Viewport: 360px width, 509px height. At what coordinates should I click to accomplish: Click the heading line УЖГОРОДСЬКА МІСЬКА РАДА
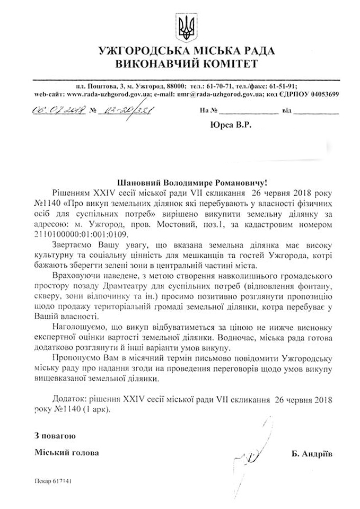(x=180, y=51)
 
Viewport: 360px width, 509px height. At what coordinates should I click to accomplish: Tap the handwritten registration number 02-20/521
(x=119, y=112)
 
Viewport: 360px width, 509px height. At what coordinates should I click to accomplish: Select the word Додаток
(x=71, y=398)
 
